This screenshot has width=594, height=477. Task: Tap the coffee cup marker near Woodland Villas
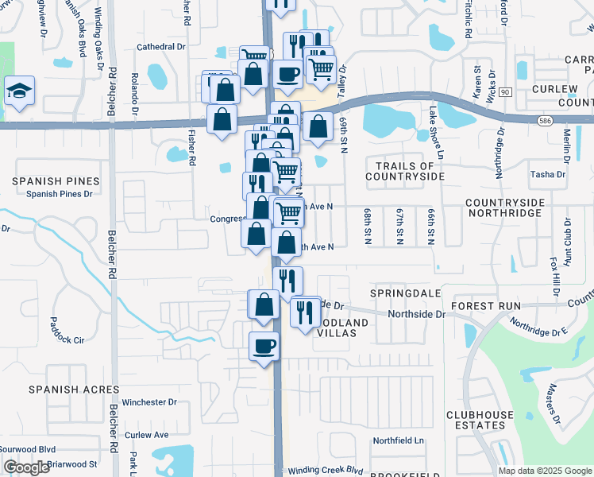point(264,347)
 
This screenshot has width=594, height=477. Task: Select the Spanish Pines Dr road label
point(60,193)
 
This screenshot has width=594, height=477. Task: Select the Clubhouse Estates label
point(476,420)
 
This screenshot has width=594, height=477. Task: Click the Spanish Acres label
point(74,390)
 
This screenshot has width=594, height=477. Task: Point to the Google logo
point(27,468)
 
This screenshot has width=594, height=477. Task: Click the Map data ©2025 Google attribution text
point(544,471)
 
